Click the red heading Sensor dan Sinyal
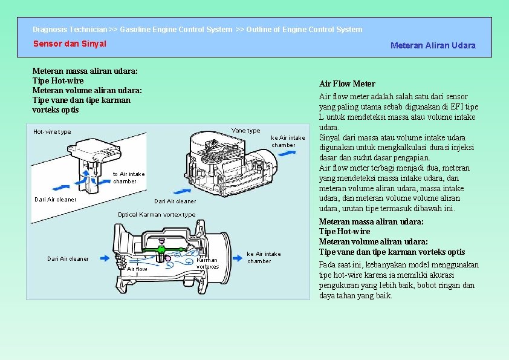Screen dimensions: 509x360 click(70, 44)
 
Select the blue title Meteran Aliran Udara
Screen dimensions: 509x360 click(433, 45)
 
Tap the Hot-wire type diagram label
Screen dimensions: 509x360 click(52, 132)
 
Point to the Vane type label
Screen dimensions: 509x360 click(246, 131)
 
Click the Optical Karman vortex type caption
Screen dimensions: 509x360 click(156, 215)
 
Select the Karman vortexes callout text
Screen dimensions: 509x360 click(207, 263)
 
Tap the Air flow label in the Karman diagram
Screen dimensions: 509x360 click(137, 269)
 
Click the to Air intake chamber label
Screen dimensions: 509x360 click(129, 178)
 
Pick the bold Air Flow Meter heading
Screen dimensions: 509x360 click(347, 83)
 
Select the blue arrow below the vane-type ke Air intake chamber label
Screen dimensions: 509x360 click(288, 154)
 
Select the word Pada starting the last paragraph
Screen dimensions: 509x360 click(328, 264)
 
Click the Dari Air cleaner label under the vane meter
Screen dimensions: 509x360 click(175, 201)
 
